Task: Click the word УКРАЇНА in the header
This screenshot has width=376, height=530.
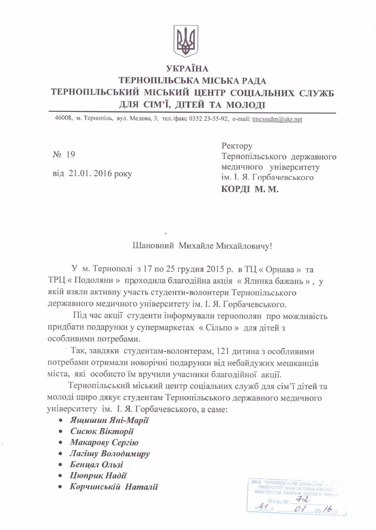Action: click(187, 69)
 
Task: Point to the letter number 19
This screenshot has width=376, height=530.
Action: click(71, 154)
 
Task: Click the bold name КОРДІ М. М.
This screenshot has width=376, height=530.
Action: click(250, 189)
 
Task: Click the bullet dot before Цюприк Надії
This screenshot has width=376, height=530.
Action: click(61, 476)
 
